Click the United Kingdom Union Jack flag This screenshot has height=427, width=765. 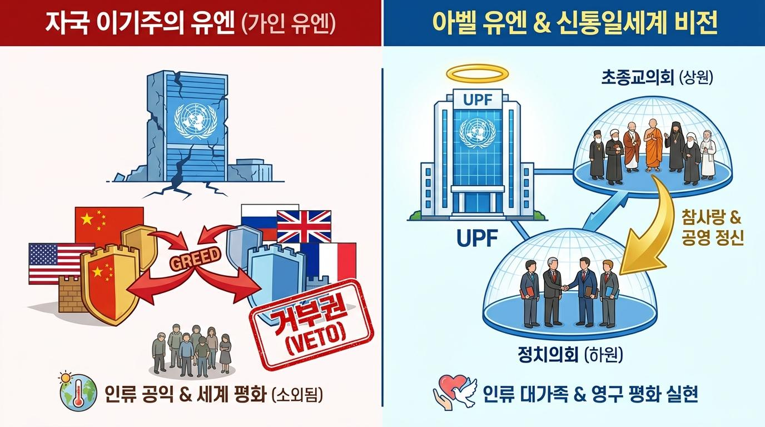tap(304, 226)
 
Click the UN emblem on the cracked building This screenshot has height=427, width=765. tap(195, 121)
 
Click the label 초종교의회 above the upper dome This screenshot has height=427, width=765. tap(637, 78)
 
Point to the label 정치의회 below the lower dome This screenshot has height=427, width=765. tap(548, 355)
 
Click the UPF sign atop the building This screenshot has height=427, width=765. tap(478, 100)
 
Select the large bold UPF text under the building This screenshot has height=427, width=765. tap(477, 238)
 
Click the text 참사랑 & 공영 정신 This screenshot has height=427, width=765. tap(712, 227)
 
